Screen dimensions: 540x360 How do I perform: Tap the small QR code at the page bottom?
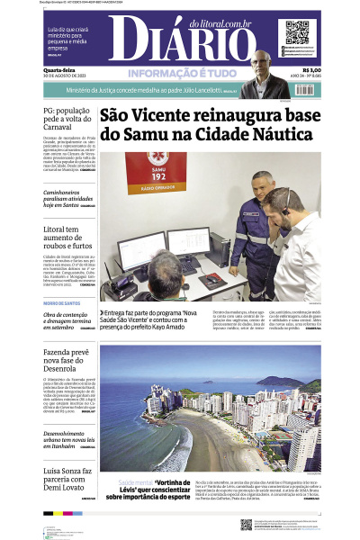click(x=246, y=524)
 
